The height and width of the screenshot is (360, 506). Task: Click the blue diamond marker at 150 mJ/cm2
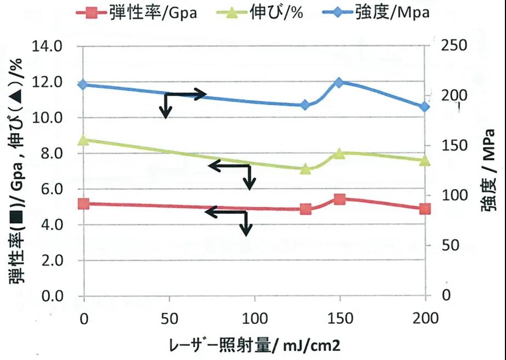click(x=339, y=82)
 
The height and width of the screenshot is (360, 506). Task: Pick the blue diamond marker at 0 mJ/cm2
click(x=83, y=85)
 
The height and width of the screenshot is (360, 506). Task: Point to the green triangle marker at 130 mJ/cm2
click(x=306, y=168)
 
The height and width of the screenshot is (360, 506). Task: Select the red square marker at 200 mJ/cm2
click(x=425, y=209)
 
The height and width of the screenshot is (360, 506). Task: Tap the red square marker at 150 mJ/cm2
click(x=339, y=199)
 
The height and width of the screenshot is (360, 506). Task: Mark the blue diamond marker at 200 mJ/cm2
click(x=425, y=107)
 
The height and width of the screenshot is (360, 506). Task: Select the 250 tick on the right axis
click(x=454, y=45)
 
